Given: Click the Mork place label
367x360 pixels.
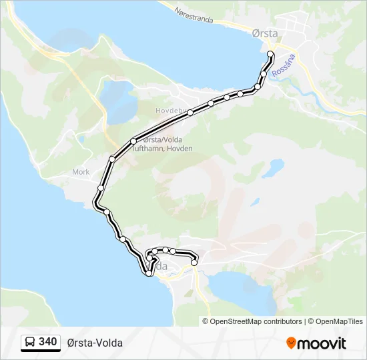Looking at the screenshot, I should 80,171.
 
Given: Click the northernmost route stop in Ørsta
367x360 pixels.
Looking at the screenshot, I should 270,53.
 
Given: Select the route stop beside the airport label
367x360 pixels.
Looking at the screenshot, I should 133,141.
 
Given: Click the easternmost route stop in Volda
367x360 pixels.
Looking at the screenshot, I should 194,263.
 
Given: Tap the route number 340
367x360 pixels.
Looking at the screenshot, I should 47,342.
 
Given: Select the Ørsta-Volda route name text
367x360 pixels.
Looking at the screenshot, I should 95,343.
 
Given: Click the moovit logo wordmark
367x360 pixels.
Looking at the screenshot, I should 322,343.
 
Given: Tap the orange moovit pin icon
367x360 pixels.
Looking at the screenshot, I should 291,343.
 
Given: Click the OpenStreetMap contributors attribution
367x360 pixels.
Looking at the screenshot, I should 256,321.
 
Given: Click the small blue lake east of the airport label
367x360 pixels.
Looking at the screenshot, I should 272,167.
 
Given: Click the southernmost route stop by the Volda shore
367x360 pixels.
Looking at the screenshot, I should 148,273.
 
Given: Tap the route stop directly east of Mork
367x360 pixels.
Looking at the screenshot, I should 100,187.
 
